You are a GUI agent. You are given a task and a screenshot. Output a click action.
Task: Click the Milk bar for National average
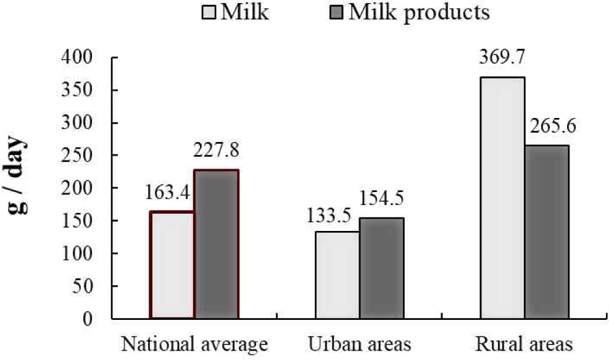pos(172,265)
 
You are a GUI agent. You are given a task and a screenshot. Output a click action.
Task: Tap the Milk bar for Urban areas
pos(338,275)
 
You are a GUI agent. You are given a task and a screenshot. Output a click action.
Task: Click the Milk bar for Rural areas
pos(502,198)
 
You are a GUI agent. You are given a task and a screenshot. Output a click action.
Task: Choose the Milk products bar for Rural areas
pos(547,232)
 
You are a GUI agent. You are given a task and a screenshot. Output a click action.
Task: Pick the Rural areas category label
pos(524,343)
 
